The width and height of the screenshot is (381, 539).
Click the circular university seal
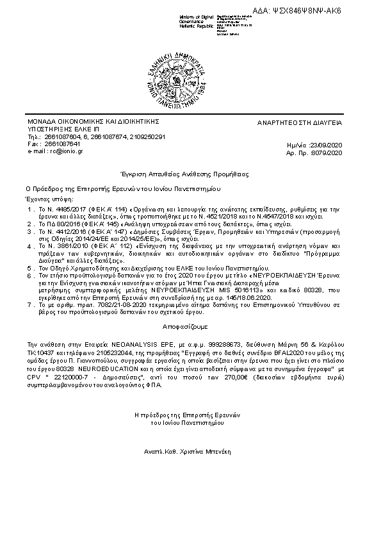click(x=190, y=76)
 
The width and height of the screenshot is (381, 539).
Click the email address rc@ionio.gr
click(x=61, y=151)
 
